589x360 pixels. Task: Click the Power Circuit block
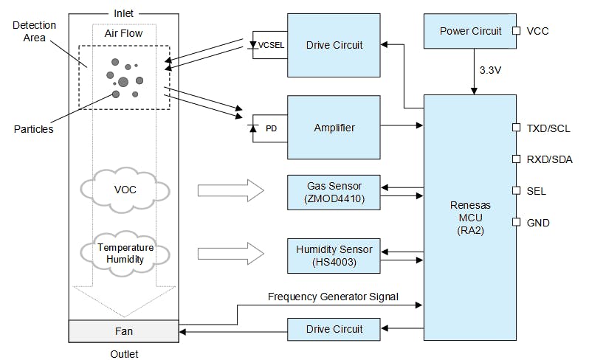470,31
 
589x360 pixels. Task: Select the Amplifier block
334,128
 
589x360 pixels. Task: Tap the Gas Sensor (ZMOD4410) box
334,191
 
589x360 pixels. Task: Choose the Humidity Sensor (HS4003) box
334,254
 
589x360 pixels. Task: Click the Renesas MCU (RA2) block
469,217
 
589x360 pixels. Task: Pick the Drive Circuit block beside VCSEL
334,45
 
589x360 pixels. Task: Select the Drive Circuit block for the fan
334,329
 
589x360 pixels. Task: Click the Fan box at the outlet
123,332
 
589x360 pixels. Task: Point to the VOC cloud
125,190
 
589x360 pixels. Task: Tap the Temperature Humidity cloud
125,253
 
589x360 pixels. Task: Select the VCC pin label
537,31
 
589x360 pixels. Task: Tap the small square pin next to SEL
517,191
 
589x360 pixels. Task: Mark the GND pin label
538,223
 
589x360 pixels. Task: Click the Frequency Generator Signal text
332,297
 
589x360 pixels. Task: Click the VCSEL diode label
270,46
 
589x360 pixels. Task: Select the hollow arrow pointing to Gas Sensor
230,191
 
